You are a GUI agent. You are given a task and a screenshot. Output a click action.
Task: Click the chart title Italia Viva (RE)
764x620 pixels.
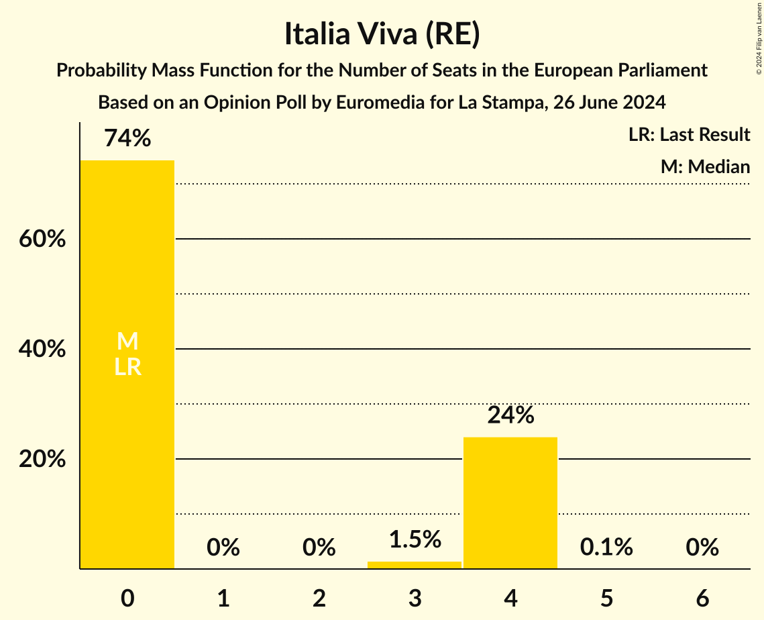(382, 35)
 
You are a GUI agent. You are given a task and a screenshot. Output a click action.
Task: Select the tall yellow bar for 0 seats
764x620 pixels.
(127, 436)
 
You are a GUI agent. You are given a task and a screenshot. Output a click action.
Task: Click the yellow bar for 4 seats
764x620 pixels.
(510, 503)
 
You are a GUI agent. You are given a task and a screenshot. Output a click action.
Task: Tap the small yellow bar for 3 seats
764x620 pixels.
(415, 565)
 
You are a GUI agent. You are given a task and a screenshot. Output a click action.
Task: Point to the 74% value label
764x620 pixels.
(127, 139)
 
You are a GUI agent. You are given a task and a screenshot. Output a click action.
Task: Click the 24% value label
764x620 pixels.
(510, 416)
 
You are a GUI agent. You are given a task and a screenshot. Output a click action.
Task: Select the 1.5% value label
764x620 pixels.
(415, 539)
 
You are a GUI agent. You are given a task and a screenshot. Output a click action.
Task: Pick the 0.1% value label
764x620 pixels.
(606, 548)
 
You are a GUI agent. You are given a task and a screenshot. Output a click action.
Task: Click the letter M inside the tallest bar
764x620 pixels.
(127, 342)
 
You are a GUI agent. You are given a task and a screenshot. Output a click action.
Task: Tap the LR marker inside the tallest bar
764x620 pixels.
(127, 367)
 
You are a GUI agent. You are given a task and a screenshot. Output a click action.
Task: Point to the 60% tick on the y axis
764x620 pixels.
(42, 239)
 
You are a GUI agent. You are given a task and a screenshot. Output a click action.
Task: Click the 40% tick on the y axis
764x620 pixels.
(42, 349)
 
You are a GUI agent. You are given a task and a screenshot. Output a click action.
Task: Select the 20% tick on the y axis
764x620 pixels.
(42, 460)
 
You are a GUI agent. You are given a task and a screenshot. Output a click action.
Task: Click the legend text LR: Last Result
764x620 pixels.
(689, 135)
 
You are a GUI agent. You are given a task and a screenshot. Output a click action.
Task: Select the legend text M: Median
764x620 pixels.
(705, 167)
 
